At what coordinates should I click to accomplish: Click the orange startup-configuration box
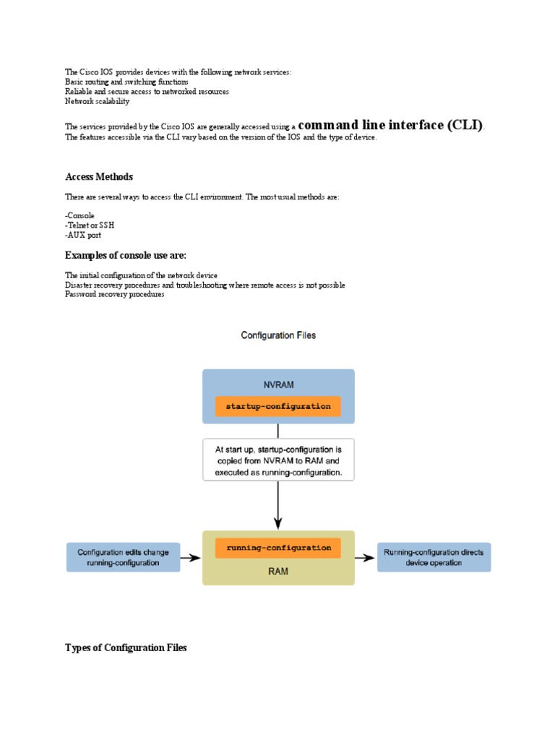(x=278, y=406)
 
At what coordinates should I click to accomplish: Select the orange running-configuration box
(x=278, y=548)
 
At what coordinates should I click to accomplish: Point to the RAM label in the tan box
(x=278, y=569)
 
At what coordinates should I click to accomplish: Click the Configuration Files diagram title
(x=278, y=335)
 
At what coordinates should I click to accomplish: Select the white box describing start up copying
(x=278, y=460)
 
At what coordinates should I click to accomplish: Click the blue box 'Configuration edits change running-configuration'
(x=123, y=557)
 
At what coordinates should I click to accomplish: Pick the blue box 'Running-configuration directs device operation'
(x=434, y=557)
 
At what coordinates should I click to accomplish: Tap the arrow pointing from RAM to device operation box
(x=366, y=558)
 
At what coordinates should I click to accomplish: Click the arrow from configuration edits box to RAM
(x=190, y=558)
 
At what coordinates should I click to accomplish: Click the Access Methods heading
(x=99, y=177)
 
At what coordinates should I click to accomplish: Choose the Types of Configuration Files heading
(x=126, y=647)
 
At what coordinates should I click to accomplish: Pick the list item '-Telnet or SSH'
(x=90, y=225)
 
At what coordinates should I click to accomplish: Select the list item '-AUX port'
(x=83, y=235)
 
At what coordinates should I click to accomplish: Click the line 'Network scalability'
(x=98, y=101)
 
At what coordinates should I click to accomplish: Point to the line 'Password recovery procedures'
(x=115, y=294)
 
